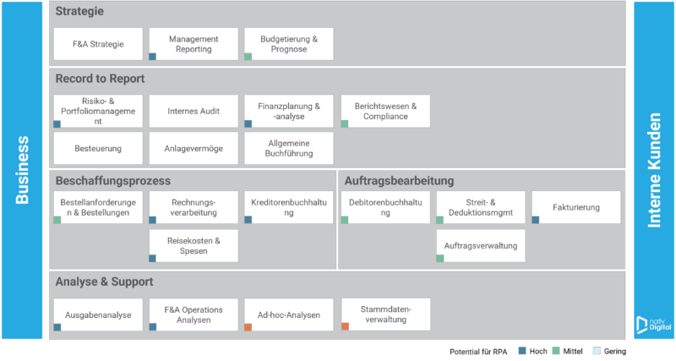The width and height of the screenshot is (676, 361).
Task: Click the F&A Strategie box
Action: point(98,44)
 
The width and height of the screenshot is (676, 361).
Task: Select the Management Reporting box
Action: point(194,44)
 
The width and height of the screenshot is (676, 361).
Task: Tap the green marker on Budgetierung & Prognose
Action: point(248,57)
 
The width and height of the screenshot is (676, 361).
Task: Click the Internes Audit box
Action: point(194,112)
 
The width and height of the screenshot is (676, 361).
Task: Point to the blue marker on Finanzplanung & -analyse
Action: point(248,123)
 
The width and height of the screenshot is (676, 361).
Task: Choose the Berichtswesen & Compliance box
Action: point(385,112)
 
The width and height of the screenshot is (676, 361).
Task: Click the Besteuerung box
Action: point(98,148)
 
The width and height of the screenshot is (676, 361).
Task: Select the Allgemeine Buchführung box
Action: point(289,148)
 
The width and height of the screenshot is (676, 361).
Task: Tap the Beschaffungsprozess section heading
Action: point(113,181)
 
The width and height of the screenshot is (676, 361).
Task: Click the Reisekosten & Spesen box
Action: point(194,246)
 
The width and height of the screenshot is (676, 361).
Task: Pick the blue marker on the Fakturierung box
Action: point(536,220)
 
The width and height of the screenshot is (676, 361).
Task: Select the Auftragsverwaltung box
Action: point(481,246)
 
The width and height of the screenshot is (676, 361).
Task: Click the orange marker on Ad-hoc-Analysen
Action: point(248,327)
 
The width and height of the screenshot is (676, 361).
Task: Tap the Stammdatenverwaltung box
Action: point(385,315)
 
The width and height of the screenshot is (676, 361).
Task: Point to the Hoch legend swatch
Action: point(522,351)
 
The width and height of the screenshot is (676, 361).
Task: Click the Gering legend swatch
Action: point(597,351)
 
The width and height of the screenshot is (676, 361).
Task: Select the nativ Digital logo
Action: point(653,325)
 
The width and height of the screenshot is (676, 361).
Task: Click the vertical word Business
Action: point(22,170)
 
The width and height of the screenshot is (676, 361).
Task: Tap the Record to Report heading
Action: point(100,79)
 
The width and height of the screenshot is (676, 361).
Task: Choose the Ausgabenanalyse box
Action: point(98,315)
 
